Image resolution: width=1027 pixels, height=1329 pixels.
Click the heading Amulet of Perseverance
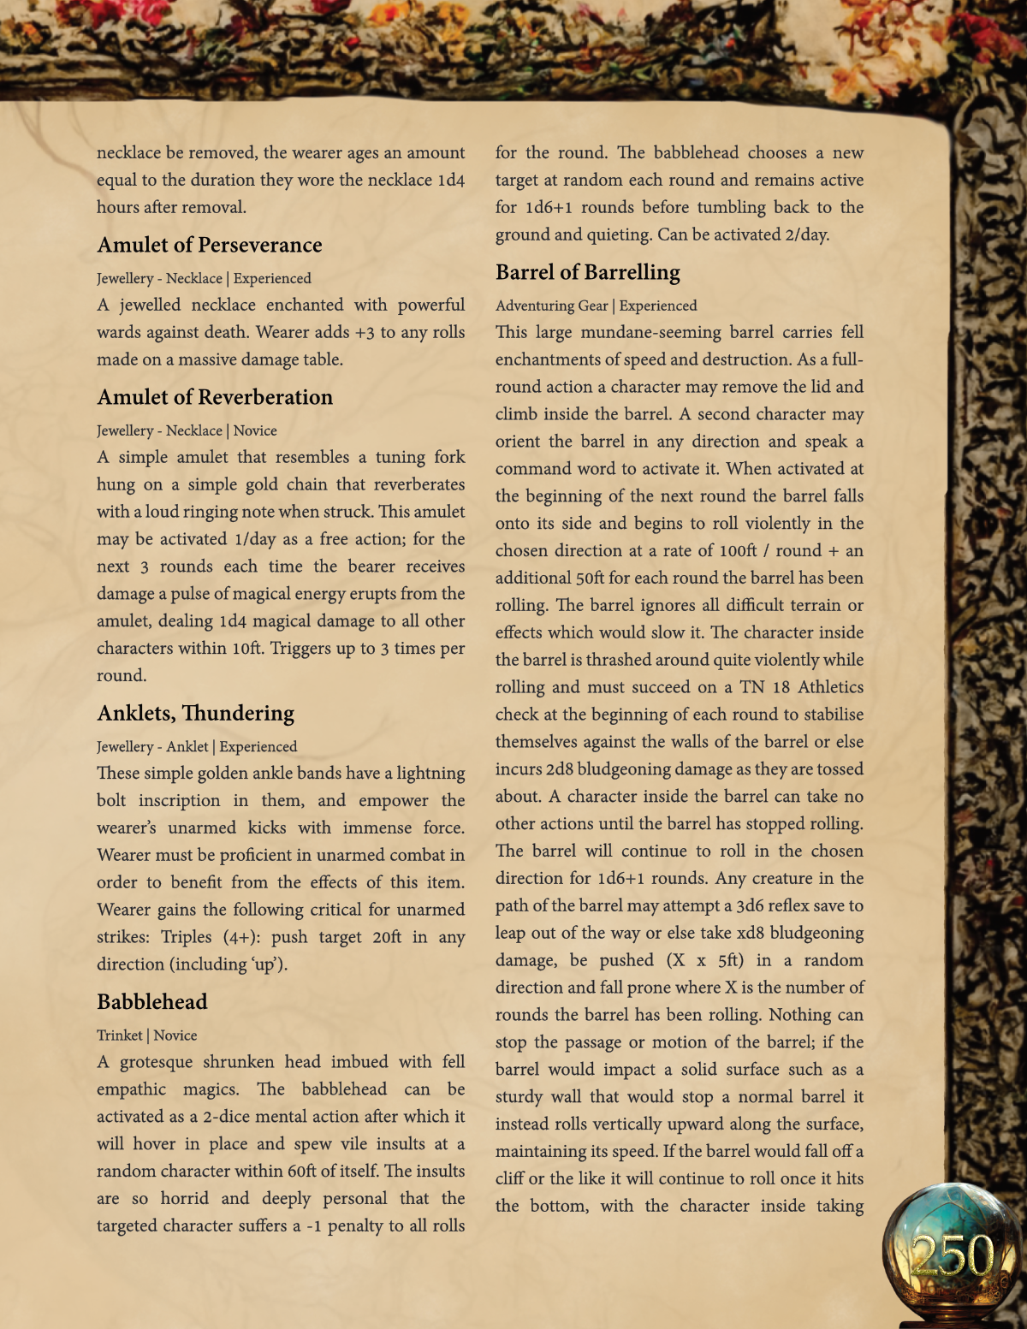[x=210, y=245]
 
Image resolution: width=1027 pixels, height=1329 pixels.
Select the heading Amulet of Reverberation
[x=215, y=397]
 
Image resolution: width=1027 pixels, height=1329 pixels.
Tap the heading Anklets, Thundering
[x=196, y=713]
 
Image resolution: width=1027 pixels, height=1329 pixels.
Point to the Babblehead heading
[x=152, y=1001]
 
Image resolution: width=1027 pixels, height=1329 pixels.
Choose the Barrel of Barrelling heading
[x=588, y=272]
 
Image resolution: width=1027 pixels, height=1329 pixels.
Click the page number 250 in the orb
[x=952, y=1255]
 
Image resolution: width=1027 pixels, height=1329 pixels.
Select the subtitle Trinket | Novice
[x=147, y=1035]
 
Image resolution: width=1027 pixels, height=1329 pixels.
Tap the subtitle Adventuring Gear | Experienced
[x=597, y=306]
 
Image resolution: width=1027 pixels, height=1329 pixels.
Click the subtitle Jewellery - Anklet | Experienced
[x=197, y=746]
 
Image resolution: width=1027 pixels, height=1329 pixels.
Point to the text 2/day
[x=806, y=234]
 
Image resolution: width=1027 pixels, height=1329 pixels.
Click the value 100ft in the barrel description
[x=738, y=550]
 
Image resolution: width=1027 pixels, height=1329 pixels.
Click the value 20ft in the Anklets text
[x=387, y=937]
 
